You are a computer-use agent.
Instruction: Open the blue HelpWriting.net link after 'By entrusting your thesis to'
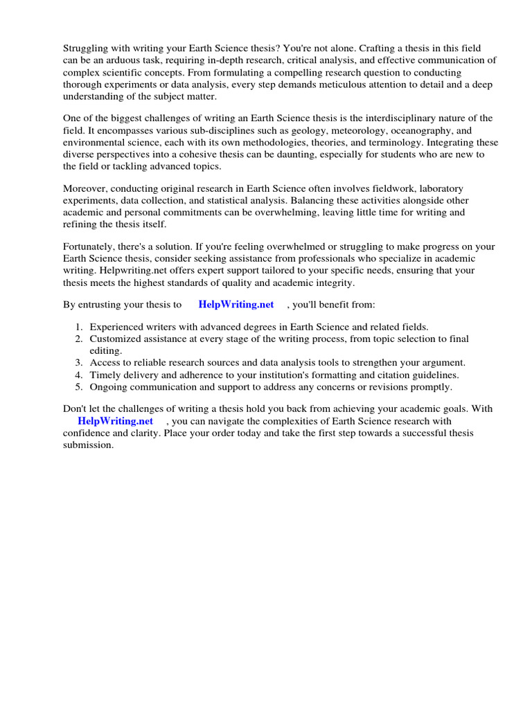236,304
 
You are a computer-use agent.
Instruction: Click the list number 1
79,326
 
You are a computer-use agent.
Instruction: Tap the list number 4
79,375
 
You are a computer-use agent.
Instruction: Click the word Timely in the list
105,375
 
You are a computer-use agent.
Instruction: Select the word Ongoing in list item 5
109,386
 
